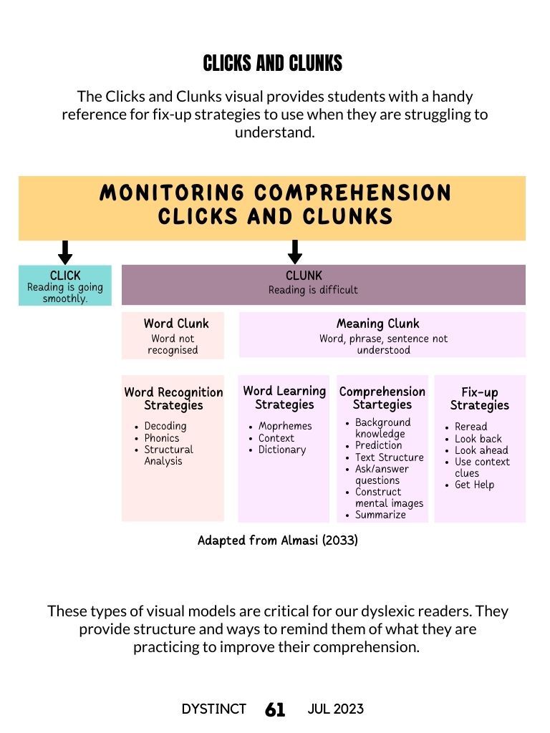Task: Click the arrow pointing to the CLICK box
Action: tap(65, 253)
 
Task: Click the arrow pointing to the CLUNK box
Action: tap(294, 252)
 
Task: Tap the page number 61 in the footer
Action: tap(275, 709)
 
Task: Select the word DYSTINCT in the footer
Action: tap(213, 709)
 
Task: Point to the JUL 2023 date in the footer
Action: tap(335, 709)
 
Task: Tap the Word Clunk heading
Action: tap(176, 324)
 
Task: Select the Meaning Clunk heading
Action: tap(378, 324)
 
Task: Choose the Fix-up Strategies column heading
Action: tap(479, 399)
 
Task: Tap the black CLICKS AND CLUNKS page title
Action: tap(273, 63)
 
